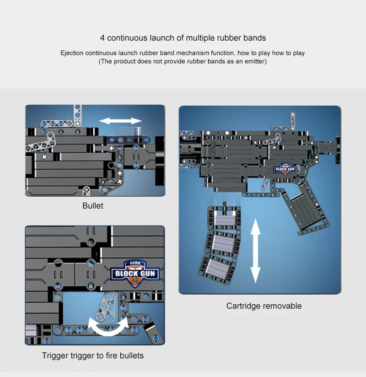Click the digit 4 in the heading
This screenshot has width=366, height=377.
tap(102, 38)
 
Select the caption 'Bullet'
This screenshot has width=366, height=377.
tap(93, 205)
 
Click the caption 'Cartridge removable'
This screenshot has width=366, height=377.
tap(264, 306)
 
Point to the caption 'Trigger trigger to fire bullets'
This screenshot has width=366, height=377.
tap(93, 355)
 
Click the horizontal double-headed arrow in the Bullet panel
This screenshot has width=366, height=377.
tap(120, 121)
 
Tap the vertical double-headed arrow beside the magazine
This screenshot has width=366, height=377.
tap(255, 251)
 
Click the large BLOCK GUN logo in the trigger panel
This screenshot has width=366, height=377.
tap(135, 274)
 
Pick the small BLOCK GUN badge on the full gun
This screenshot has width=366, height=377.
tap(285, 169)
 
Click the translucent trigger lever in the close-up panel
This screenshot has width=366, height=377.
tap(106, 307)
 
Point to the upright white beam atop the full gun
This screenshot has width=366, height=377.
tap(293, 120)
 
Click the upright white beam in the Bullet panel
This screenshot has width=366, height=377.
tap(77, 114)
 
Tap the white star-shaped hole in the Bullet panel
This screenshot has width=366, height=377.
tap(44, 157)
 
